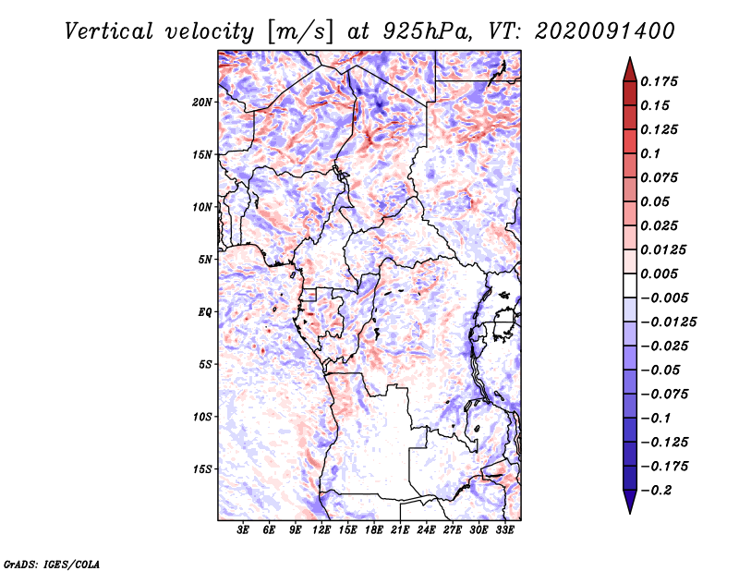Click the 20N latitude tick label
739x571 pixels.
(202, 103)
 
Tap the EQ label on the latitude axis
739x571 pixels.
(204, 312)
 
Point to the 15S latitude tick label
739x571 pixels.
(202, 469)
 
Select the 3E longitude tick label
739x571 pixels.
(243, 530)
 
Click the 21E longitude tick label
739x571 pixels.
(400, 530)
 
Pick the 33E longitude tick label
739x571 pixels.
(504, 530)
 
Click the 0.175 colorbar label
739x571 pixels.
(659, 81)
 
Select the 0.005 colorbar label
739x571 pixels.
(659, 273)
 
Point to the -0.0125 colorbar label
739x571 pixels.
(668, 322)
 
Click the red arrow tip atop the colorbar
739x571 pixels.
(630, 58)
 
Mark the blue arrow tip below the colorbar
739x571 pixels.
(630, 513)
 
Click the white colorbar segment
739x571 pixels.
(630, 285)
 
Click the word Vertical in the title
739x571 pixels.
(109, 31)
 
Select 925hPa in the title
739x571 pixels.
(428, 31)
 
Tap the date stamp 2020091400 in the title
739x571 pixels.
(605, 31)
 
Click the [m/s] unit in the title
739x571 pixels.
(300, 31)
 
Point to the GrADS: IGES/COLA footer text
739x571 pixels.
(52, 564)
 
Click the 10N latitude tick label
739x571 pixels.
(202, 207)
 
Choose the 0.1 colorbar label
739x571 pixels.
(650, 153)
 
